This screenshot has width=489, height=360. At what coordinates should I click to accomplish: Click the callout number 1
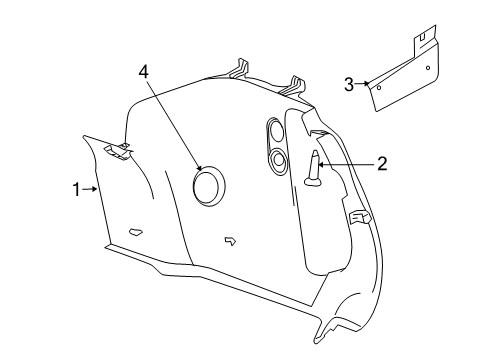coord(75,187)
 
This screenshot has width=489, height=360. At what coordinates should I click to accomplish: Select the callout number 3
coord(348,85)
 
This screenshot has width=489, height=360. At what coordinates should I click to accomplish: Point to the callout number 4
coord(144,73)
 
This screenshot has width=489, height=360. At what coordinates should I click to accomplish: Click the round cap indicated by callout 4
coord(209,186)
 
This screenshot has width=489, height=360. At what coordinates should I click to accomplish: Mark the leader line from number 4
coord(174,125)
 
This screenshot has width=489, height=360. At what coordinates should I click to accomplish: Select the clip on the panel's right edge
coord(358,216)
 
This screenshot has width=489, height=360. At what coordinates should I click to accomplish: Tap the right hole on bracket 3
coord(429,67)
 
